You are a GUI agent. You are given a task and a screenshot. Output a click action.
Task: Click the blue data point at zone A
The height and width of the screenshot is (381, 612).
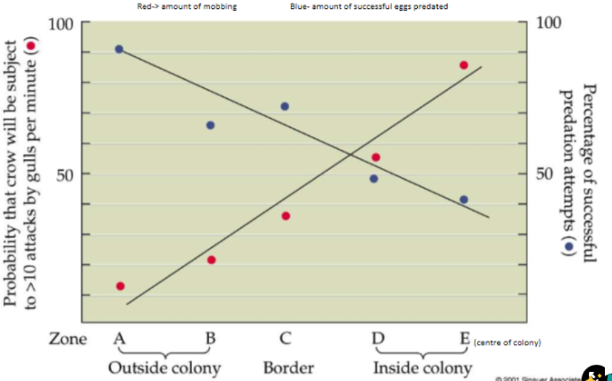(119, 49)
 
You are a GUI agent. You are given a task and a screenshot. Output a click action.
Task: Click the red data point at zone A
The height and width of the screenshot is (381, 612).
(120, 286)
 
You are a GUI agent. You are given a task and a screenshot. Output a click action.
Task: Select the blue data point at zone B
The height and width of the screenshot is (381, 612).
(210, 125)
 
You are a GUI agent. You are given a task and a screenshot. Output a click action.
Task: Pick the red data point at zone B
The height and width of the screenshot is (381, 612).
(211, 259)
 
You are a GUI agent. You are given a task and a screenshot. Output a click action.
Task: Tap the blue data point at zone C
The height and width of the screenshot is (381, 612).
(284, 107)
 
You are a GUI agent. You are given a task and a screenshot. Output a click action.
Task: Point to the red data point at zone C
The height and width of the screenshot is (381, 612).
(286, 216)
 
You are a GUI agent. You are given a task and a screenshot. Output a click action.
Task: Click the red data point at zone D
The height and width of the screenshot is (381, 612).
(375, 157)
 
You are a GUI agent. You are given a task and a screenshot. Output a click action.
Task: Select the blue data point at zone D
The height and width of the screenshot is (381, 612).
(373, 179)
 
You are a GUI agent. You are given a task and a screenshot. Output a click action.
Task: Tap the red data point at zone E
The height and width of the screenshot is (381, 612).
(464, 65)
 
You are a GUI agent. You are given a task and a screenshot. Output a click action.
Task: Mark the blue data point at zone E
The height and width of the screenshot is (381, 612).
(464, 199)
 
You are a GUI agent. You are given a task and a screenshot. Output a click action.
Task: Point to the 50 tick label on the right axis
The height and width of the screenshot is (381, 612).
(544, 173)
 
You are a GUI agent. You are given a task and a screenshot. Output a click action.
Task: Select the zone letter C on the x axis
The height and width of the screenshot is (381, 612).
(286, 338)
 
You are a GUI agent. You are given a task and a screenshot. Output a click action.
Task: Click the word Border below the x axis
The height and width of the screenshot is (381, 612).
(289, 367)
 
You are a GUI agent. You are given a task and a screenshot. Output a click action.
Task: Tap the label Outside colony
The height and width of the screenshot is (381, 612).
(164, 367)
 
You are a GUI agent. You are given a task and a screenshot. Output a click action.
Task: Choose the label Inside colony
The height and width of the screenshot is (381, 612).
(422, 367)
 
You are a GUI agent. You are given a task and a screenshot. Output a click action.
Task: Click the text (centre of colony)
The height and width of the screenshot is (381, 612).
(507, 342)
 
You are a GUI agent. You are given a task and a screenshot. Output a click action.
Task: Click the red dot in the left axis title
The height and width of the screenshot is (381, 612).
(30, 46)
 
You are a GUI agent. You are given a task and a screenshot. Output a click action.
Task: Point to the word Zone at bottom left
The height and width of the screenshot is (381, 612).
(68, 339)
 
